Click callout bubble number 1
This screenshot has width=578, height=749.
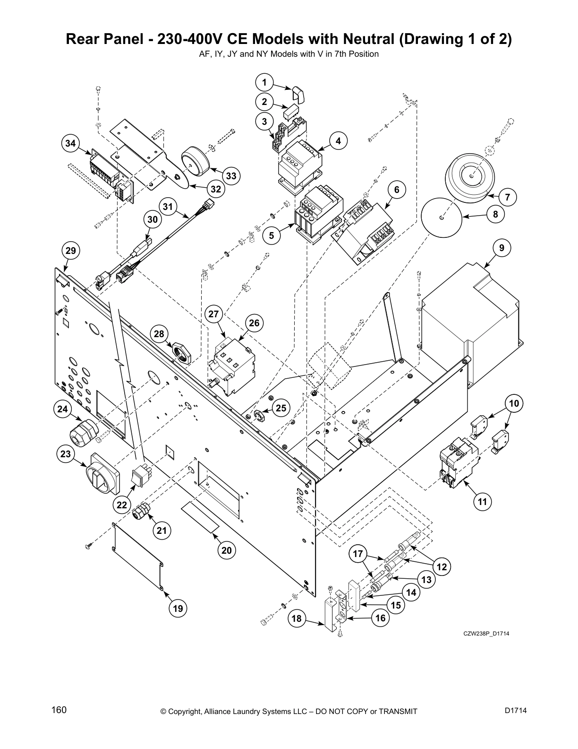[264, 83]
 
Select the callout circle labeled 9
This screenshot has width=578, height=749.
[501, 247]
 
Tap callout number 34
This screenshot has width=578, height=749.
[70, 143]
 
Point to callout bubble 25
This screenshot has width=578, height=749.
[281, 408]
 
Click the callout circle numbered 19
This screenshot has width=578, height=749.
[178, 608]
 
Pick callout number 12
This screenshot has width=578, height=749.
[442, 566]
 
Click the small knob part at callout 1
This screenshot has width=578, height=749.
[299, 94]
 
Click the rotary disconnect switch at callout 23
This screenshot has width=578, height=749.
[102, 474]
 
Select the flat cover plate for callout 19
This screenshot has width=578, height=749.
[138, 556]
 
